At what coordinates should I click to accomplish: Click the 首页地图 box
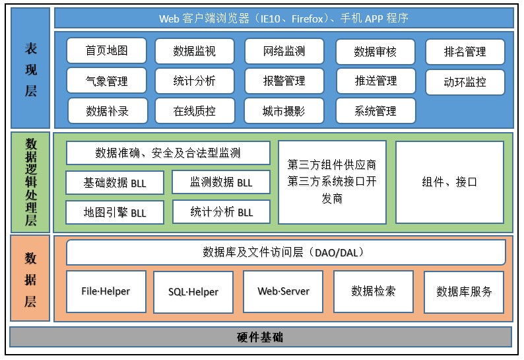coord(106,51)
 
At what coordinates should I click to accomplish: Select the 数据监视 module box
coord(194,51)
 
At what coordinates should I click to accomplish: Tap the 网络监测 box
coord(284,51)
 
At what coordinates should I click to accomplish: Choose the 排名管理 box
coord(465,52)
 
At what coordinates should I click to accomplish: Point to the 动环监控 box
coord(465,83)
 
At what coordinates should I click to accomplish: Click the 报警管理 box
coord(284,81)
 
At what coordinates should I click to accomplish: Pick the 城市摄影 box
coord(284,111)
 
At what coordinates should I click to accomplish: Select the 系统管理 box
coord(376,111)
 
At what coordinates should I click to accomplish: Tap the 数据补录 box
coord(106,111)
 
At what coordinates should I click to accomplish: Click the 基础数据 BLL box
coord(115,182)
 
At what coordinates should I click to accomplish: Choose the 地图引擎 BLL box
coord(115,213)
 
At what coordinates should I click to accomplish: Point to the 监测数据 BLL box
coord(221,182)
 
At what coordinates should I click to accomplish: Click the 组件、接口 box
coord(449,182)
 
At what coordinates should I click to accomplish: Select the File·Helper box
coord(106,291)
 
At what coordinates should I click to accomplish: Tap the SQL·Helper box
coord(193,291)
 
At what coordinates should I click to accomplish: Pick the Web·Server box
coord(283,291)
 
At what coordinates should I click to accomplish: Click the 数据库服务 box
coord(464,291)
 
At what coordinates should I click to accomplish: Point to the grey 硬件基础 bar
coord(260,337)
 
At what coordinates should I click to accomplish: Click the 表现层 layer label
coord(30,68)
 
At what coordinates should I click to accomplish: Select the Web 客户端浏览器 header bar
coord(283,18)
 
